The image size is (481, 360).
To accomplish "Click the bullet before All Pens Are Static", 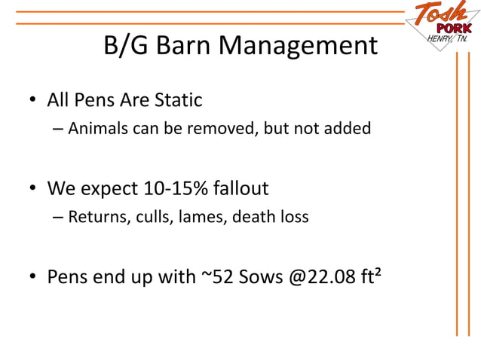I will point(34,101).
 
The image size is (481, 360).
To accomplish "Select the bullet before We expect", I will point(34,189).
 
